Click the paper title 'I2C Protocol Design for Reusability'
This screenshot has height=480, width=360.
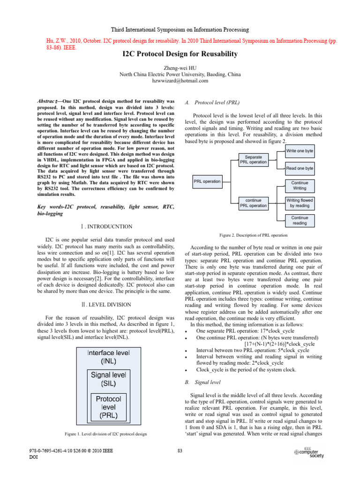[180, 54]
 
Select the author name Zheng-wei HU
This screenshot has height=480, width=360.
[180, 67]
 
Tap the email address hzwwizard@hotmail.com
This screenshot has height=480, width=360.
[180, 81]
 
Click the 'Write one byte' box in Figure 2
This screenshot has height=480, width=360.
[300, 151]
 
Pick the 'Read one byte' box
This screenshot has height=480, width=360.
[300, 168]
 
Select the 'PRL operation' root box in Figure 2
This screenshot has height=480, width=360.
[207, 181]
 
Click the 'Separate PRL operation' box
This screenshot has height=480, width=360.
[254, 159]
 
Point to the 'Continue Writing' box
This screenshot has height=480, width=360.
[300, 186]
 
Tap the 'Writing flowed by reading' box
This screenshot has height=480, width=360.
[300, 203]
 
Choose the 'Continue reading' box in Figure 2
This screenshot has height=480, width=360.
[300, 220]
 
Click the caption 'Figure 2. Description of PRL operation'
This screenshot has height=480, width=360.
[253, 235]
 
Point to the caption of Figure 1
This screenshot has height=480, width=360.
[101, 433]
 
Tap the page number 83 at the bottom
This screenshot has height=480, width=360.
[180, 451]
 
